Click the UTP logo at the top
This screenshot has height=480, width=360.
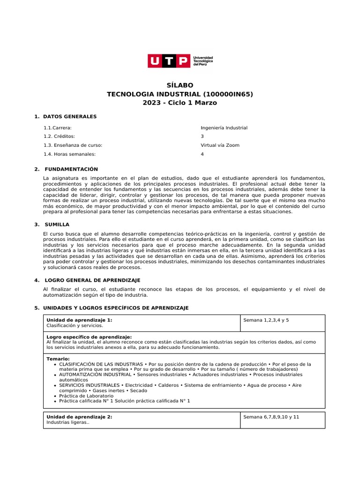pyautogui.click(x=180, y=61)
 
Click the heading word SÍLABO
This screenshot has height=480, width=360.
pyautogui.click(x=180, y=85)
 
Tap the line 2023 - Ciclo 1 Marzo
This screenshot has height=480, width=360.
pyautogui.click(x=180, y=103)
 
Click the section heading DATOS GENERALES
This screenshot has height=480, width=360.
pyautogui.click(x=69, y=116)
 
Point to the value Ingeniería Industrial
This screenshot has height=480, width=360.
pyautogui.click(x=224, y=127)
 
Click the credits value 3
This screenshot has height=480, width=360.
pyautogui.click(x=202, y=136)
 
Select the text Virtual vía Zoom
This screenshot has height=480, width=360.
pyautogui.click(x=220, y=145)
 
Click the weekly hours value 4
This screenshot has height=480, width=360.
pyautogui.click(x=202, y=154)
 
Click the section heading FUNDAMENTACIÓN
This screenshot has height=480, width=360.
pyautogui.click(x=71, y=169)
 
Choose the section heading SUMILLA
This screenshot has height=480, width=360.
pyautogui.click(x=57, y=225)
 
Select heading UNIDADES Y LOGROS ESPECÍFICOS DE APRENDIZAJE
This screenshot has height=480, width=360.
pyautogui.click(x=115, y=308)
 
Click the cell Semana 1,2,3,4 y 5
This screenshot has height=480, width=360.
pyautogui.click(x=266, y=320)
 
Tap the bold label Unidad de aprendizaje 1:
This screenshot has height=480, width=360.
pyautogui.click(x=79, y=320)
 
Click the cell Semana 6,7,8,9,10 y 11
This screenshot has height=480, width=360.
pyautogui.click(x=271, y=417)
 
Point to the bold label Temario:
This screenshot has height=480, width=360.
pyautogui.click(x=58, y=359)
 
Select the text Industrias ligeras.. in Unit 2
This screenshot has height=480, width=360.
pyautogui.click(x=68, y=422)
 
